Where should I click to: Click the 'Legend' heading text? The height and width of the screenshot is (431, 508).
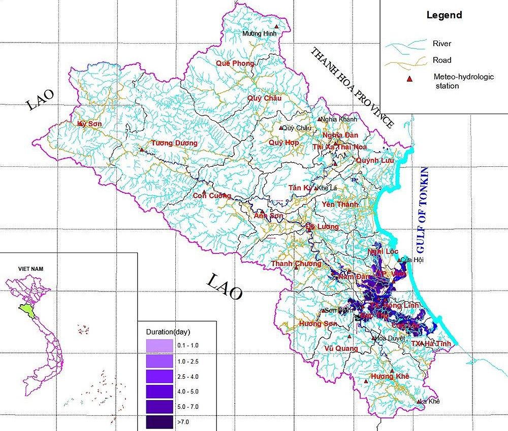click(x=444, y=15)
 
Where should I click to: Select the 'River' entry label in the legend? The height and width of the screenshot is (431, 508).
click(x=441, y=44)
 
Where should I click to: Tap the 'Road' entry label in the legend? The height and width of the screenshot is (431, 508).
click(x=441, y=60)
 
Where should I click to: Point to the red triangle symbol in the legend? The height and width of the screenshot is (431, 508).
click(x=408, y=78)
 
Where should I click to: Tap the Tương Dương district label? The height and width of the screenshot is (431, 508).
click(x=174, y=143)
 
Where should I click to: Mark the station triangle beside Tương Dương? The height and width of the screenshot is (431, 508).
click(x=142, y=149)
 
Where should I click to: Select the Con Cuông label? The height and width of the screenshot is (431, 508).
click(x=212, y=196)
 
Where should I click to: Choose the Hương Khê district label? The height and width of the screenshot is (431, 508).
click(x=390, y=377)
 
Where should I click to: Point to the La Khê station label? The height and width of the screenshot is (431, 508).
click(x=430, y=401)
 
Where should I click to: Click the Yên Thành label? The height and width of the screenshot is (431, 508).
click(x=340, y=204)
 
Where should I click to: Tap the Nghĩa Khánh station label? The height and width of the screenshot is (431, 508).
click(x=339, y=120)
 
